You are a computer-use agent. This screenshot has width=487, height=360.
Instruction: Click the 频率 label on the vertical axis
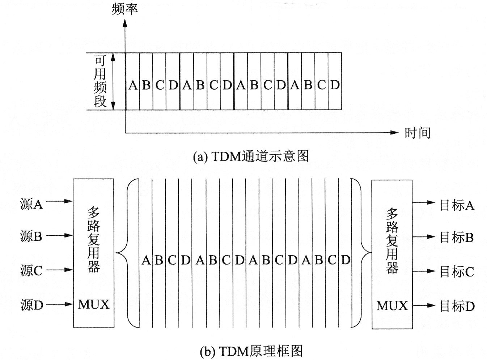pyautogui.click(x=125, y=9)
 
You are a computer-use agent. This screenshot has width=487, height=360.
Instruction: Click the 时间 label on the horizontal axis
pyautogui.click(x=417, y=133)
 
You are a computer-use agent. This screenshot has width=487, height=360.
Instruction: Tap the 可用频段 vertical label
pyautogui.click(x=100, y=81)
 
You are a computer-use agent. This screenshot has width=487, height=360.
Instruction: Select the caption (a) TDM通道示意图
pyautogui.click(x=251, y=156)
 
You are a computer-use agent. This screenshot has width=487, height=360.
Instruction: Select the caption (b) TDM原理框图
pyautogui.click(x=251, y=351)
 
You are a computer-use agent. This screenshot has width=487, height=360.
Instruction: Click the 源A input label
pyautogui.click(x=31, y=205)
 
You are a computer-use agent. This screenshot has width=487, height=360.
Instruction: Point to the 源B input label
pyautogui.click(x=31, y=236)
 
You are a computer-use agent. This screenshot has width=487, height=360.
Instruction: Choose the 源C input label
pyautogui.click(x=31, y=270)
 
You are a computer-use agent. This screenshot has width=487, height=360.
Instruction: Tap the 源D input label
pyautogui.click(x=31, y=305)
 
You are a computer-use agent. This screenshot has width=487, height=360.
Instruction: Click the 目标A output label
pyautogui.click(x=457, y=205)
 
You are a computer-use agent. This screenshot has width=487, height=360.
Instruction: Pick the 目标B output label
pyautogui.click(x=457, y=237)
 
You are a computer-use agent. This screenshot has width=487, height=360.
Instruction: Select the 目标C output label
pyautogui.click(x=457, y=271)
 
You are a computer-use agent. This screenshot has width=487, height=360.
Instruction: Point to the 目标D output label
pyautogui.click(x=457, y=306)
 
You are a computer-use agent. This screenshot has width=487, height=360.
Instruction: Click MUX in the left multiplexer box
pyautogui.click(x=94, y=304)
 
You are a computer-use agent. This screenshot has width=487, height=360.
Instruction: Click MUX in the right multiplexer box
pyautogui.click(x=392, y=306)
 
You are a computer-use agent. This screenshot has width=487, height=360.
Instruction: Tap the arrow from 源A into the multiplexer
pyautogui.click(x=60, y=201)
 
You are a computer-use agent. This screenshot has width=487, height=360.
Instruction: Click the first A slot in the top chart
pyautogui.click(x=132, y=85)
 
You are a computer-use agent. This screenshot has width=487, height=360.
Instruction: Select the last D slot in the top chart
pyautogui.click(x=335, y=85)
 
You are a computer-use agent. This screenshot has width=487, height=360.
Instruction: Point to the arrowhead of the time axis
pyautogui.click(x=394, y=133)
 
